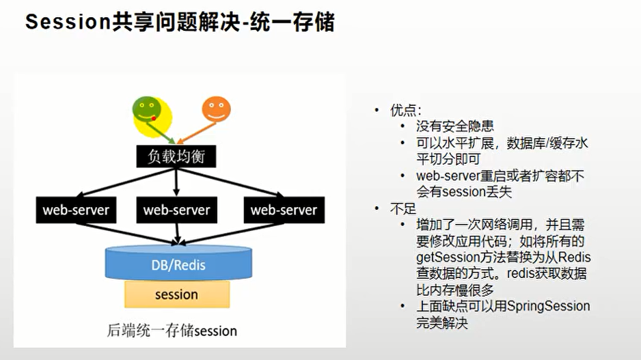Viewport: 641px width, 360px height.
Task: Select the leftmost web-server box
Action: coord(76,210)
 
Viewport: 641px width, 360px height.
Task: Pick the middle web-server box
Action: coord(176,210)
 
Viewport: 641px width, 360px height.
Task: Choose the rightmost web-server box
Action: coord(284,210)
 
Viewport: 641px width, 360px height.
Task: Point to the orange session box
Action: coord(176,295)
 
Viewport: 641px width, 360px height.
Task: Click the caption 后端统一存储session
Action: coord(172,331)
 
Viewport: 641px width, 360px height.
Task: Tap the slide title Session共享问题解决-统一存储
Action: coord(180,23)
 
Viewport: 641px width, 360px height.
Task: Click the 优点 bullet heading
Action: coord(406,110)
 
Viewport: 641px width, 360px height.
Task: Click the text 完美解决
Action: coord(442,323)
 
